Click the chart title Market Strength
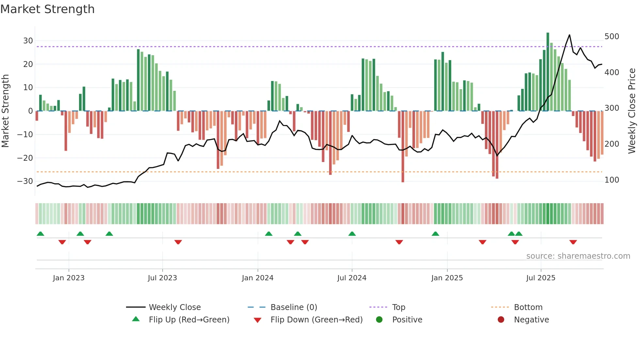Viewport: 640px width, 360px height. [47, 9]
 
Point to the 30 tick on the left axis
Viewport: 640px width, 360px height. [28, 41]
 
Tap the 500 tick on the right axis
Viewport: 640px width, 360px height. [612, 36]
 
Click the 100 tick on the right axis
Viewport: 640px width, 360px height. [612, 180]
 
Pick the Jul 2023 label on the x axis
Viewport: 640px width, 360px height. [162, 278]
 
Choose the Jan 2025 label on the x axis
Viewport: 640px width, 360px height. [447, 278]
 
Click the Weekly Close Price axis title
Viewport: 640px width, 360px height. [632, 111]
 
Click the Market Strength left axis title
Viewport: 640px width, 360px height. [5, 111]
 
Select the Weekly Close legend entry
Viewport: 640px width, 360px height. [175, 307]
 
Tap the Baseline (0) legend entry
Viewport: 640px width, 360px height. [294, 307]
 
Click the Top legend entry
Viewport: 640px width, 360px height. [398, 307]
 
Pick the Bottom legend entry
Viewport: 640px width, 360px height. [528, 307]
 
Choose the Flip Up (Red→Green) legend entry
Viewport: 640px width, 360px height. [189, 320]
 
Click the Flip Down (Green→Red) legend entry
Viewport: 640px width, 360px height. [316, 320]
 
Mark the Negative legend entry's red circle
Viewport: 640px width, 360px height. [501, 319]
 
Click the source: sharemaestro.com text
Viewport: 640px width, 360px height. [578, 256]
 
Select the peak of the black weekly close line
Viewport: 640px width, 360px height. [569, 35]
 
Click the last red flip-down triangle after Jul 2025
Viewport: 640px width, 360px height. [573, 242]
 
